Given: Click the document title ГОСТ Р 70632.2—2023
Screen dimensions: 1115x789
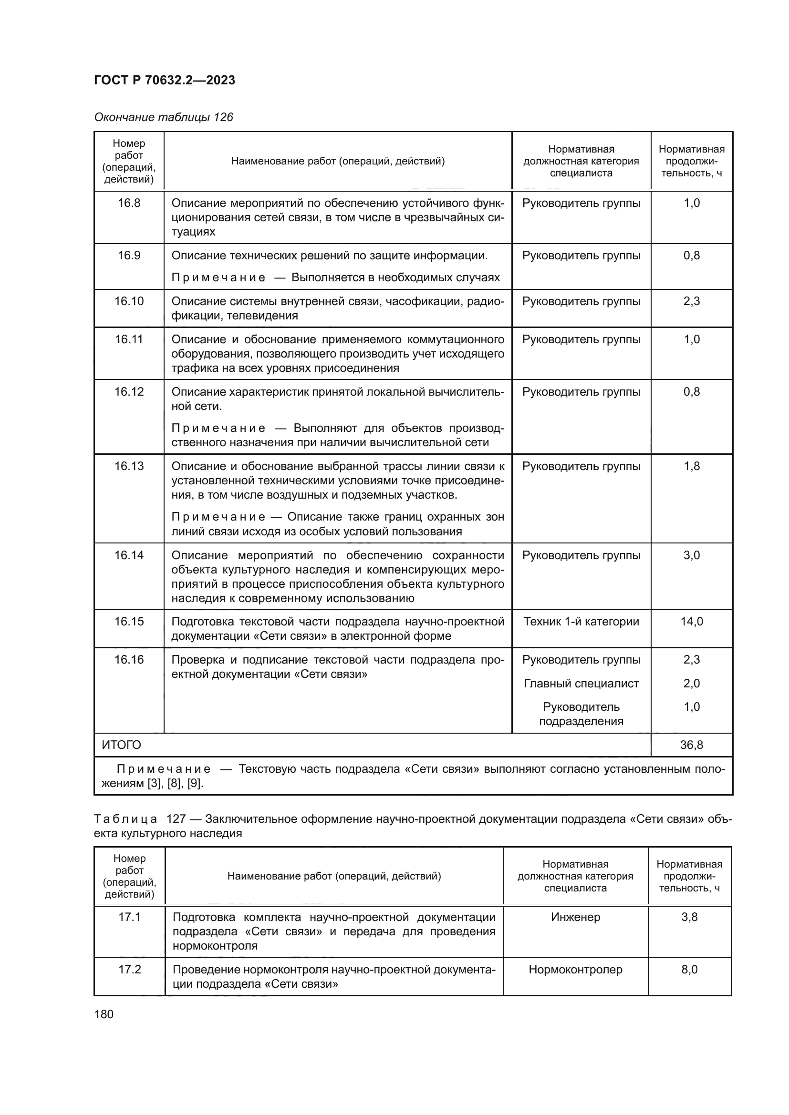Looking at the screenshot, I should coord(164,80).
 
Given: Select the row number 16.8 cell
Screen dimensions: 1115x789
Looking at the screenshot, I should coord(129,203).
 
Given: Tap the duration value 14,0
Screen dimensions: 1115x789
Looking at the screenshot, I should coord(691,622).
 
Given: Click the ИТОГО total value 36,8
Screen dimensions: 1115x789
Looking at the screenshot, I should coord(691,745).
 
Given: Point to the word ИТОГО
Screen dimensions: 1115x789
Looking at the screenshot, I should coord(122,745).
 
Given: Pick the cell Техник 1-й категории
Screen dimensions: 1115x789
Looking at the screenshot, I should coord(581,622).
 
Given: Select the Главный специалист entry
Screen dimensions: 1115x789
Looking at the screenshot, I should coord(581,683).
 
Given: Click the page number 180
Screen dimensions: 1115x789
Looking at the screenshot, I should coord(104,1014).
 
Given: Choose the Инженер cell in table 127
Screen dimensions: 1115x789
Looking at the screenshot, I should coord(575,917).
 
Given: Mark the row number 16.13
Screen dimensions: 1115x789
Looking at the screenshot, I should coord(129,466).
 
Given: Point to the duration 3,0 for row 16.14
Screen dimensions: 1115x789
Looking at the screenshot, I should coord(691,555).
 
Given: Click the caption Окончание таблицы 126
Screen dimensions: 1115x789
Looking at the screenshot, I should coord(163,117).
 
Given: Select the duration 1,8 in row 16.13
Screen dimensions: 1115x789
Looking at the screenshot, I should coord(691,466).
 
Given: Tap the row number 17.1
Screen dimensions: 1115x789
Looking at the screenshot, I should coord(129,917).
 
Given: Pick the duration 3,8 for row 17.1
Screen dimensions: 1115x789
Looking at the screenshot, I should coord(689,917).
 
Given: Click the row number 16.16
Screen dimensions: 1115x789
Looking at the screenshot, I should coord(129,659).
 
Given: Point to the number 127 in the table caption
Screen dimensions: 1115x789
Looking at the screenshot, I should coord(176,819).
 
